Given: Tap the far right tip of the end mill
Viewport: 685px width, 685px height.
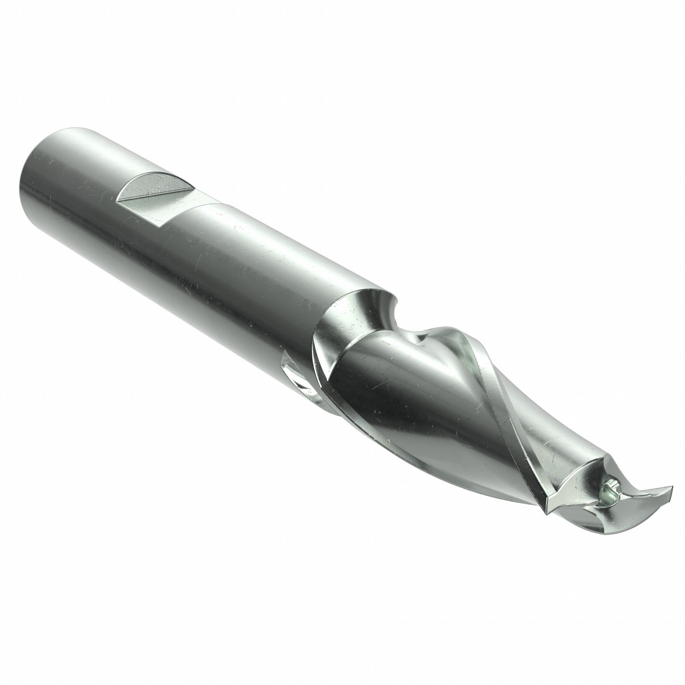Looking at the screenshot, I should click(x=672, y=489).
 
